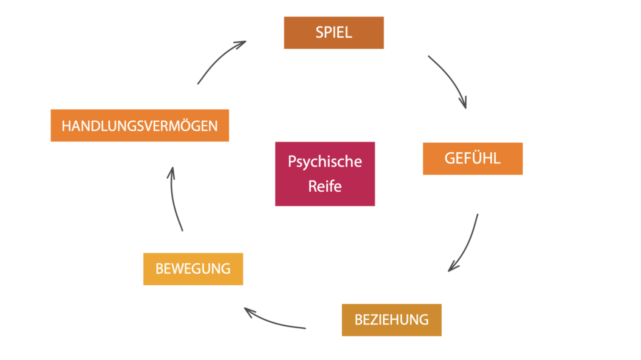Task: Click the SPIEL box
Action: [x=333, y=33]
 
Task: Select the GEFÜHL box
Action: [x=472, y=159]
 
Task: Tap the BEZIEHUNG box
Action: [x=391, y=320]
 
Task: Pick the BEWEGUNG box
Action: [x=193, y=269]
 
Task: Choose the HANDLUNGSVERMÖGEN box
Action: [x=139, y=125]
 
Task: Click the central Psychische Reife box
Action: [x=325, y=174]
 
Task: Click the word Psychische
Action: [x=325, y=162]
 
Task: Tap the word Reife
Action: [x=325, y=186]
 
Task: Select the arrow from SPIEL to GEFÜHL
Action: [x=449, y=78]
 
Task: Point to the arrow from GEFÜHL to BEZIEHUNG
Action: [x=467, y=244]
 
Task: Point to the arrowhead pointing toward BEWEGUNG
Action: [x=248, y=311]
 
